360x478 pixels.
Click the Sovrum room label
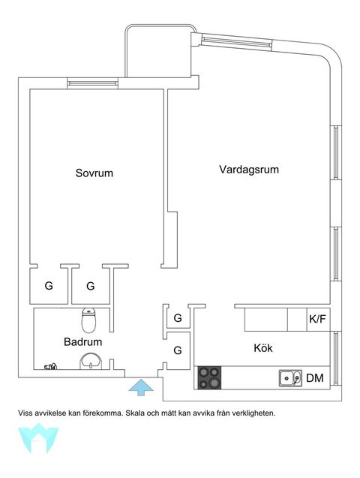[x=94, y=173]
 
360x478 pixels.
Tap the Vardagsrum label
[x=248, y=170]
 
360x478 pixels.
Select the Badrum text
[x=82, y=341]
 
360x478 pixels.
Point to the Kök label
[x=262, y=348]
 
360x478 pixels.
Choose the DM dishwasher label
[x=315, y=378]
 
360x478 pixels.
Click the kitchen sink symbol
[x=290, y=377]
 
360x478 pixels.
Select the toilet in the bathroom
[x=89, y=321]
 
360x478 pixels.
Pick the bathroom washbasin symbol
[x=91, y=361]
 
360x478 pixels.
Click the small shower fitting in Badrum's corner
[x=50, y=367]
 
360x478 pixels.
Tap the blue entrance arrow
[x=140, y=387]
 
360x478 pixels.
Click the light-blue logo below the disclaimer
[x=38, y=438]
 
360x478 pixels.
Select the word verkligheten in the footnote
[x=253, y=413]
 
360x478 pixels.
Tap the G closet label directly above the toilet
[x=91, y=286]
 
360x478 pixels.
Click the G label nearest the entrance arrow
[x=178, y=350]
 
